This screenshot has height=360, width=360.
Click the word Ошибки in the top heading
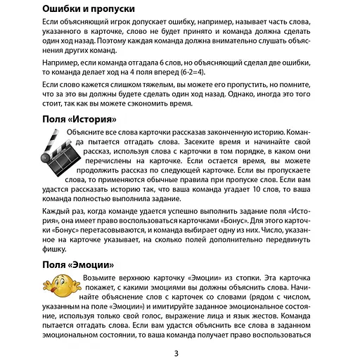(x=58, y=9)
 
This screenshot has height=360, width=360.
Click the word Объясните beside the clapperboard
(x=89, y=133)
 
